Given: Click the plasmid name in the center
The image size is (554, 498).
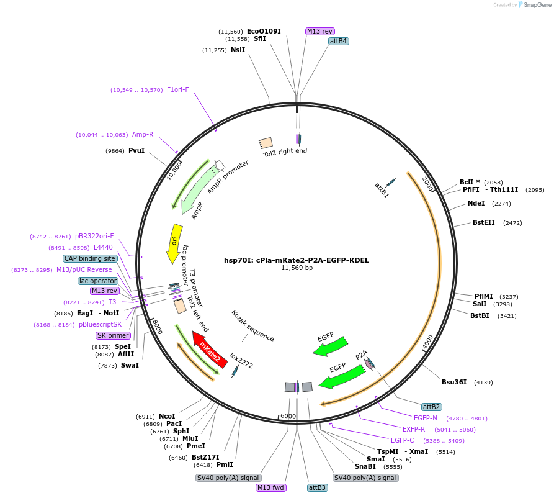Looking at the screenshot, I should point(297,260).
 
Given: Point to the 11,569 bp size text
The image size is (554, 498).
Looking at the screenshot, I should point(297,268).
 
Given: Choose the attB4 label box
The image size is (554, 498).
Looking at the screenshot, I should point(339,41).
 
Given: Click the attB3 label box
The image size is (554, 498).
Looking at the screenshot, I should point(318,487).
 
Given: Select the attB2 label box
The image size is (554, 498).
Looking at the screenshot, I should point(431,407).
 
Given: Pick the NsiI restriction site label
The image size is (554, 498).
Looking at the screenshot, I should point(238,50).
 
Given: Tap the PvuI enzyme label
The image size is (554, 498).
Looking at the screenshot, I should point(136,150).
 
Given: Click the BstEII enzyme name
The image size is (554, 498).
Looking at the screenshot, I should point(484,222).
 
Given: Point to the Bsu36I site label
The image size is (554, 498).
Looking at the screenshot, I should point(454,382).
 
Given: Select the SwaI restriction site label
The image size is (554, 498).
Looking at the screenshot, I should point(130,365).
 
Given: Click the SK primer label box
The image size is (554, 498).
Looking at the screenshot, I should point(113,335).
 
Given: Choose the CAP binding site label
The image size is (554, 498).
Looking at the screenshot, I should point(90,258).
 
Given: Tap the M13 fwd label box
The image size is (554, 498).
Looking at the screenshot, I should point(271,487).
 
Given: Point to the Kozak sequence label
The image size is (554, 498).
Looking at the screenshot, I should point(253,326).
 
